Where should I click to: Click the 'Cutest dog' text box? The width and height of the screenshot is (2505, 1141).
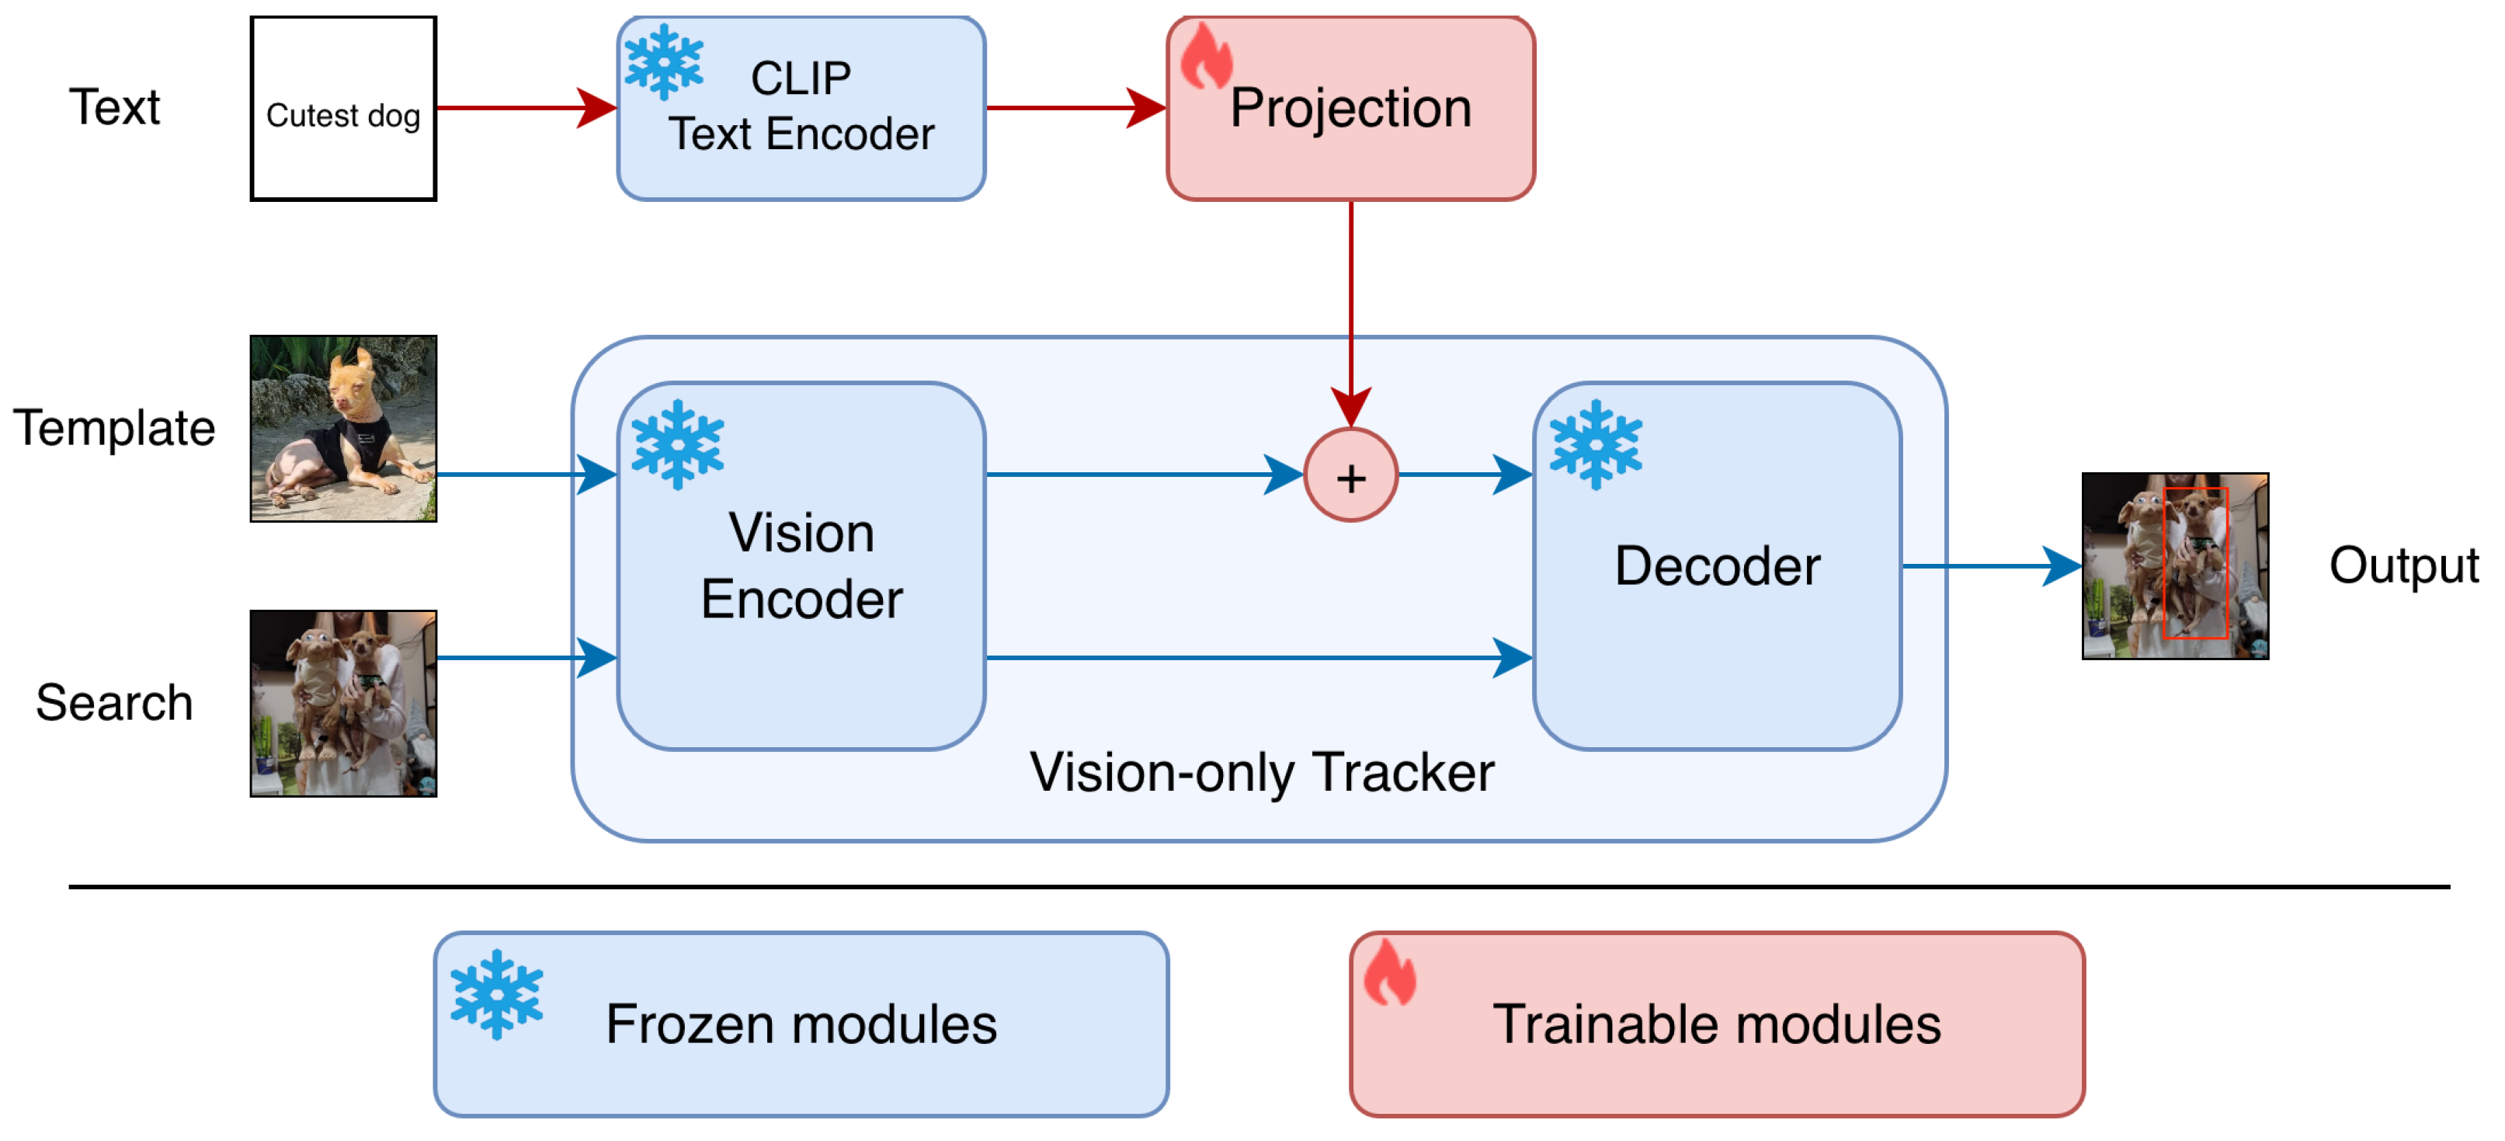343,109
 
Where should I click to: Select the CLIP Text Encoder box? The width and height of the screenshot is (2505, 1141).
801,109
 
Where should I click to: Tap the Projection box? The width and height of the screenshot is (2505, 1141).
1350,109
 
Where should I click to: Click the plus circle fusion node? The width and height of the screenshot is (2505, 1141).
1350,475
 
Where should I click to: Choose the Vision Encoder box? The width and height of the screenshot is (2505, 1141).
801,566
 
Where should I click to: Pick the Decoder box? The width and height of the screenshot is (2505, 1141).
1718,566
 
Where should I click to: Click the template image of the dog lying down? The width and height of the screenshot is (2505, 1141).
343,429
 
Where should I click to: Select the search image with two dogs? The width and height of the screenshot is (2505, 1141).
343,703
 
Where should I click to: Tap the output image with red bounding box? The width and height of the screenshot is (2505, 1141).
2175,566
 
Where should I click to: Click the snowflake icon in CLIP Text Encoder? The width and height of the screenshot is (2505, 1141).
664,62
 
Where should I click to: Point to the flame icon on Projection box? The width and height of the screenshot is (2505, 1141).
1206,55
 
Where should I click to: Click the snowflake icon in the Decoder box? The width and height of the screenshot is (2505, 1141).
1596,444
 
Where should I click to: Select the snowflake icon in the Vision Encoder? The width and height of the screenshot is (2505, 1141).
678,444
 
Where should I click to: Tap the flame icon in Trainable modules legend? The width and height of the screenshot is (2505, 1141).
1390,972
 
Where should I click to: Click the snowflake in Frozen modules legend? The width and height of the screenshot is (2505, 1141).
497,995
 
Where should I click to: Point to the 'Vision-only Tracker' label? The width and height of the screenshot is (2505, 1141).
1261,774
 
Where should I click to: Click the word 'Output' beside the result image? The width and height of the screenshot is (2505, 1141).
2404,566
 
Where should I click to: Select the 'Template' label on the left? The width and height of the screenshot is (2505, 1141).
114,429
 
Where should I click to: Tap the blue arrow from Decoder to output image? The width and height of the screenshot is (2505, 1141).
1993,566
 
